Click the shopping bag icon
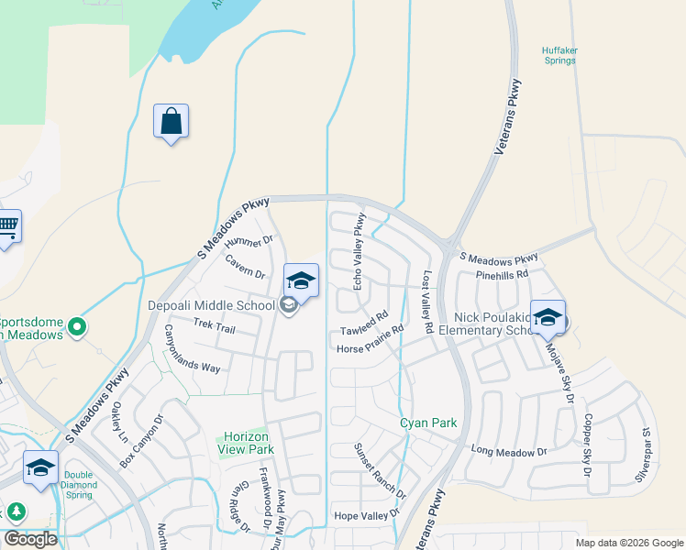pyautogui.click(x=171, y=121)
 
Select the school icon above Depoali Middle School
pyautogui.click(x=300, y=280)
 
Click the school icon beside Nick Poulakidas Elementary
pyautogui.click(x=548, y=317)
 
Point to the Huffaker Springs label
pyautogui.click(x=559, y=55)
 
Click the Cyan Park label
pyautogui.click(x=428, y=423)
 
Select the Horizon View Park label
pyautogui.click(x=246, y=444)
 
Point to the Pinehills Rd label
pyautogui.click(x=502, y=274)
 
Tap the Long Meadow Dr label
pyautogui.click(x=508, y=451)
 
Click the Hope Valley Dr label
pyautogui.click(x=367, y=516)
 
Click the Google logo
pyautogui.click(x=30, y=539)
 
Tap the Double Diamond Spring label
pyautogui.click(x=79, y=485)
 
